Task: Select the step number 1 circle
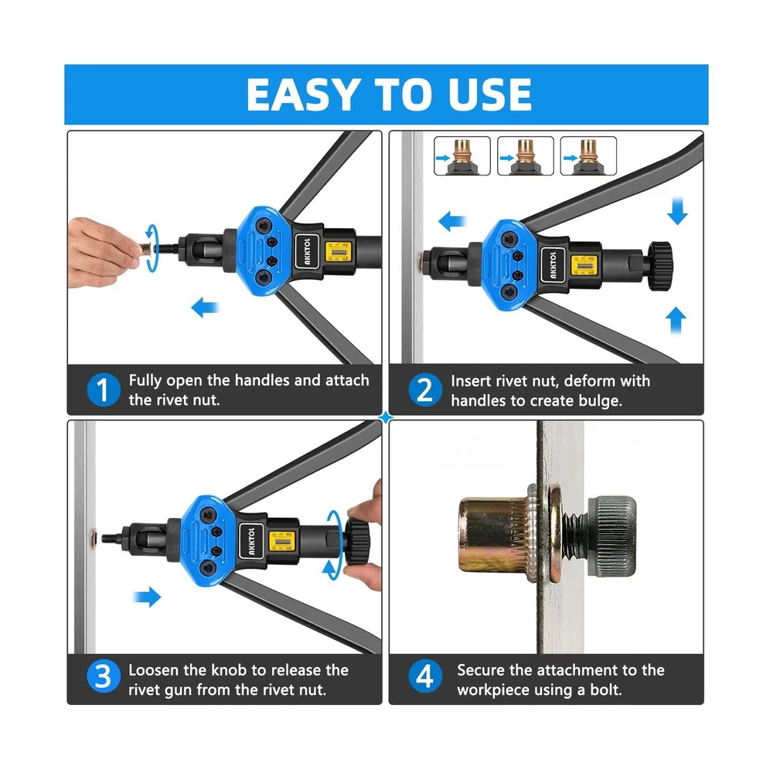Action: click(103, 390)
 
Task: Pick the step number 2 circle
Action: click(425, 390)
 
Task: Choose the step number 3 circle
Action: click(103, 676)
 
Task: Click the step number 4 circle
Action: click(425, 676)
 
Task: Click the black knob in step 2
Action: click(659, 265)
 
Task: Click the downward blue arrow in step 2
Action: click(677, 211)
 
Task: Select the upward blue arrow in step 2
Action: click(676, 321)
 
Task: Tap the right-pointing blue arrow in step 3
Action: click(148, 597)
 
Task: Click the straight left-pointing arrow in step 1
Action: click(205, 308)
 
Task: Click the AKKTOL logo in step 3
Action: click(251, 541)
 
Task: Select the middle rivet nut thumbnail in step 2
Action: click(526, 156)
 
